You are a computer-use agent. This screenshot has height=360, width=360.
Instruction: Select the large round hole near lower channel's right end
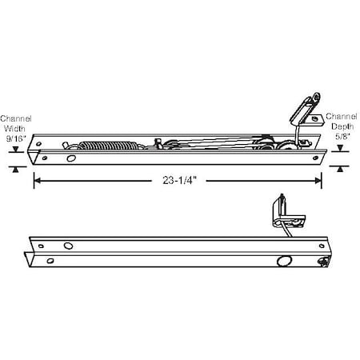click(x=282, y=260)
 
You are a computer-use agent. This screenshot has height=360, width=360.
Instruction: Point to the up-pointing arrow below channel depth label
click(x=341, y=169)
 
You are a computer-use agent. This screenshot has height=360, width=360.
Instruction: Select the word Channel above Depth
click(x=342, y=114)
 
